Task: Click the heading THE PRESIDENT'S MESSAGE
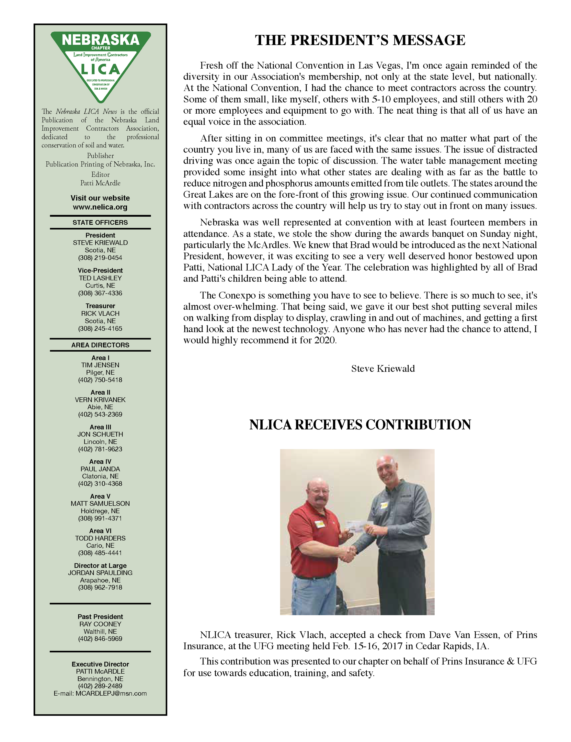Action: (360, 40)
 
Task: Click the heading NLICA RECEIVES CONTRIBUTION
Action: (360, 425)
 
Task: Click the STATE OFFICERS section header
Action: (100, 223)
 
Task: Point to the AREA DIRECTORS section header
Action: (100, 345)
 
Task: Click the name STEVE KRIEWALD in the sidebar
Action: (100, 243)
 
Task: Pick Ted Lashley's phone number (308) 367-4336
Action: (100, 293)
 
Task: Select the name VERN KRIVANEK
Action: (100, 400)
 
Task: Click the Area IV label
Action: (100, 461)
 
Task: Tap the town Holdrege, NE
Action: (100, 511)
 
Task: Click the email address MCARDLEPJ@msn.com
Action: (111, 693)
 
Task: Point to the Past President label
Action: (100, 617)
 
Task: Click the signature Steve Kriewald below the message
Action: (383, 369)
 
